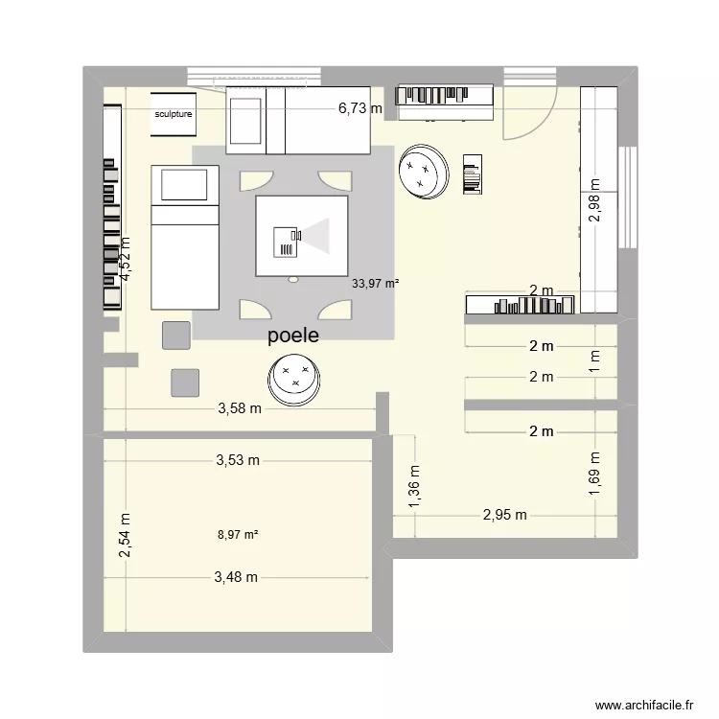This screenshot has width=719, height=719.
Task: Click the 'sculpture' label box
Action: pos(174,114)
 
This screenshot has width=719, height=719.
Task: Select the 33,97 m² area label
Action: pos(375,283)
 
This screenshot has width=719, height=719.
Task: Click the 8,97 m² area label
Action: pos(239,536)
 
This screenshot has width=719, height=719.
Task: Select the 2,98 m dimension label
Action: pos(595,203)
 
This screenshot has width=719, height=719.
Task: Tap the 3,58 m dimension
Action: pos(239,408)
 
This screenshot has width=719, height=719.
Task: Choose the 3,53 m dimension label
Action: pos(237,460)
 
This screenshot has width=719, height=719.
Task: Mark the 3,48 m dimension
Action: pos(237,577)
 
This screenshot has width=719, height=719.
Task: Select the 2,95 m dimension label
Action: pos(504,515)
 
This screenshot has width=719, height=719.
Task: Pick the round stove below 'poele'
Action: pos(294,376)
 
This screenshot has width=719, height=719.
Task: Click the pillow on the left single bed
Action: pos(184,184)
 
